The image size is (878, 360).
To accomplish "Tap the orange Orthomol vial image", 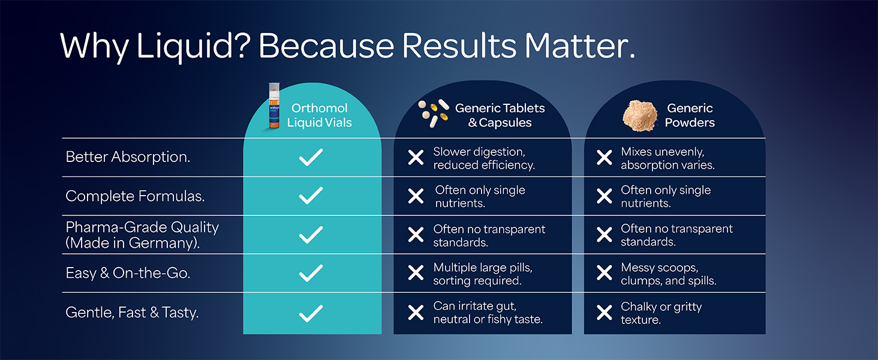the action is coord(274,106).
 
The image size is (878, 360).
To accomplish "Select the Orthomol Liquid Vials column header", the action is coord(319,115).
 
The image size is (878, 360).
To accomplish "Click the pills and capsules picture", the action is coord(434,113).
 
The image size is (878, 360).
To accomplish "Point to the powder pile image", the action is coord(640,115).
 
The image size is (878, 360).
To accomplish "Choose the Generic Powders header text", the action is coord(690,115).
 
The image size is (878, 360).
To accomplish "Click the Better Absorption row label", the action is coord(128,157).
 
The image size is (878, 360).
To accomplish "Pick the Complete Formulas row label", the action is coord(135,196).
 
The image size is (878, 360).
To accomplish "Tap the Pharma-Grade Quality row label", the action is coord(142,235).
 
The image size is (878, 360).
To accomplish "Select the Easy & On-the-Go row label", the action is coord(128,273).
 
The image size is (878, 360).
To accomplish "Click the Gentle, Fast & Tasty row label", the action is coord(132,312).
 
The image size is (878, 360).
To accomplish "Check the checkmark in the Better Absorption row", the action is coord(311,157).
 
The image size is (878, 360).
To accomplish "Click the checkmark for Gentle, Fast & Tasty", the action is coord(311,313).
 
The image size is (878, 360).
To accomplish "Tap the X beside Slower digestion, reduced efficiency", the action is coord(416,158).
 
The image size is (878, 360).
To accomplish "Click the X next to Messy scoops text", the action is coord(605,274).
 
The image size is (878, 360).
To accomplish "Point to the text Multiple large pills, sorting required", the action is coord(482,274).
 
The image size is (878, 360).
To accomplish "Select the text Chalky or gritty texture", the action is coord(661,313).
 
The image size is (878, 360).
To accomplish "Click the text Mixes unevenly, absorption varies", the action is coord(667,158).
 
